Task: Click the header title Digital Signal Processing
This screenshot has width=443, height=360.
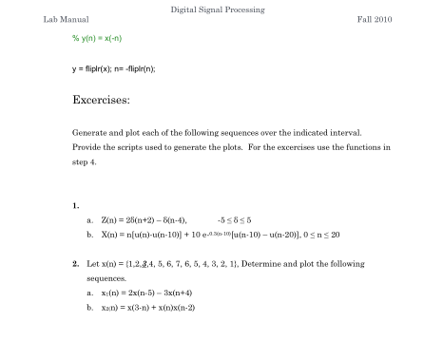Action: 218,10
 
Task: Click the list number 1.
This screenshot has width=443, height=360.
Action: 74,204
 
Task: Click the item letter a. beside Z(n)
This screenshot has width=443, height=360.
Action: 88,218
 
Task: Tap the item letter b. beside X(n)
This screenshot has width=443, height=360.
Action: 88,233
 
